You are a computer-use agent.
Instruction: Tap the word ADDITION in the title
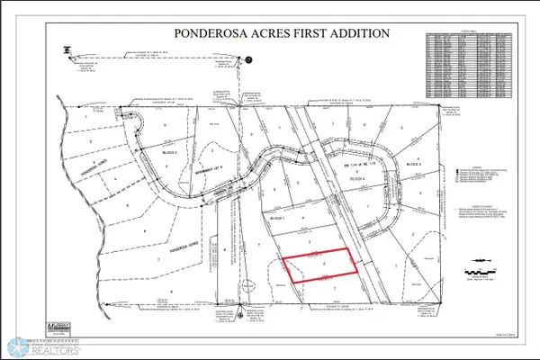[x=356, y=33]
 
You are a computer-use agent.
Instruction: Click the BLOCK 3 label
[x=413, y=166]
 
